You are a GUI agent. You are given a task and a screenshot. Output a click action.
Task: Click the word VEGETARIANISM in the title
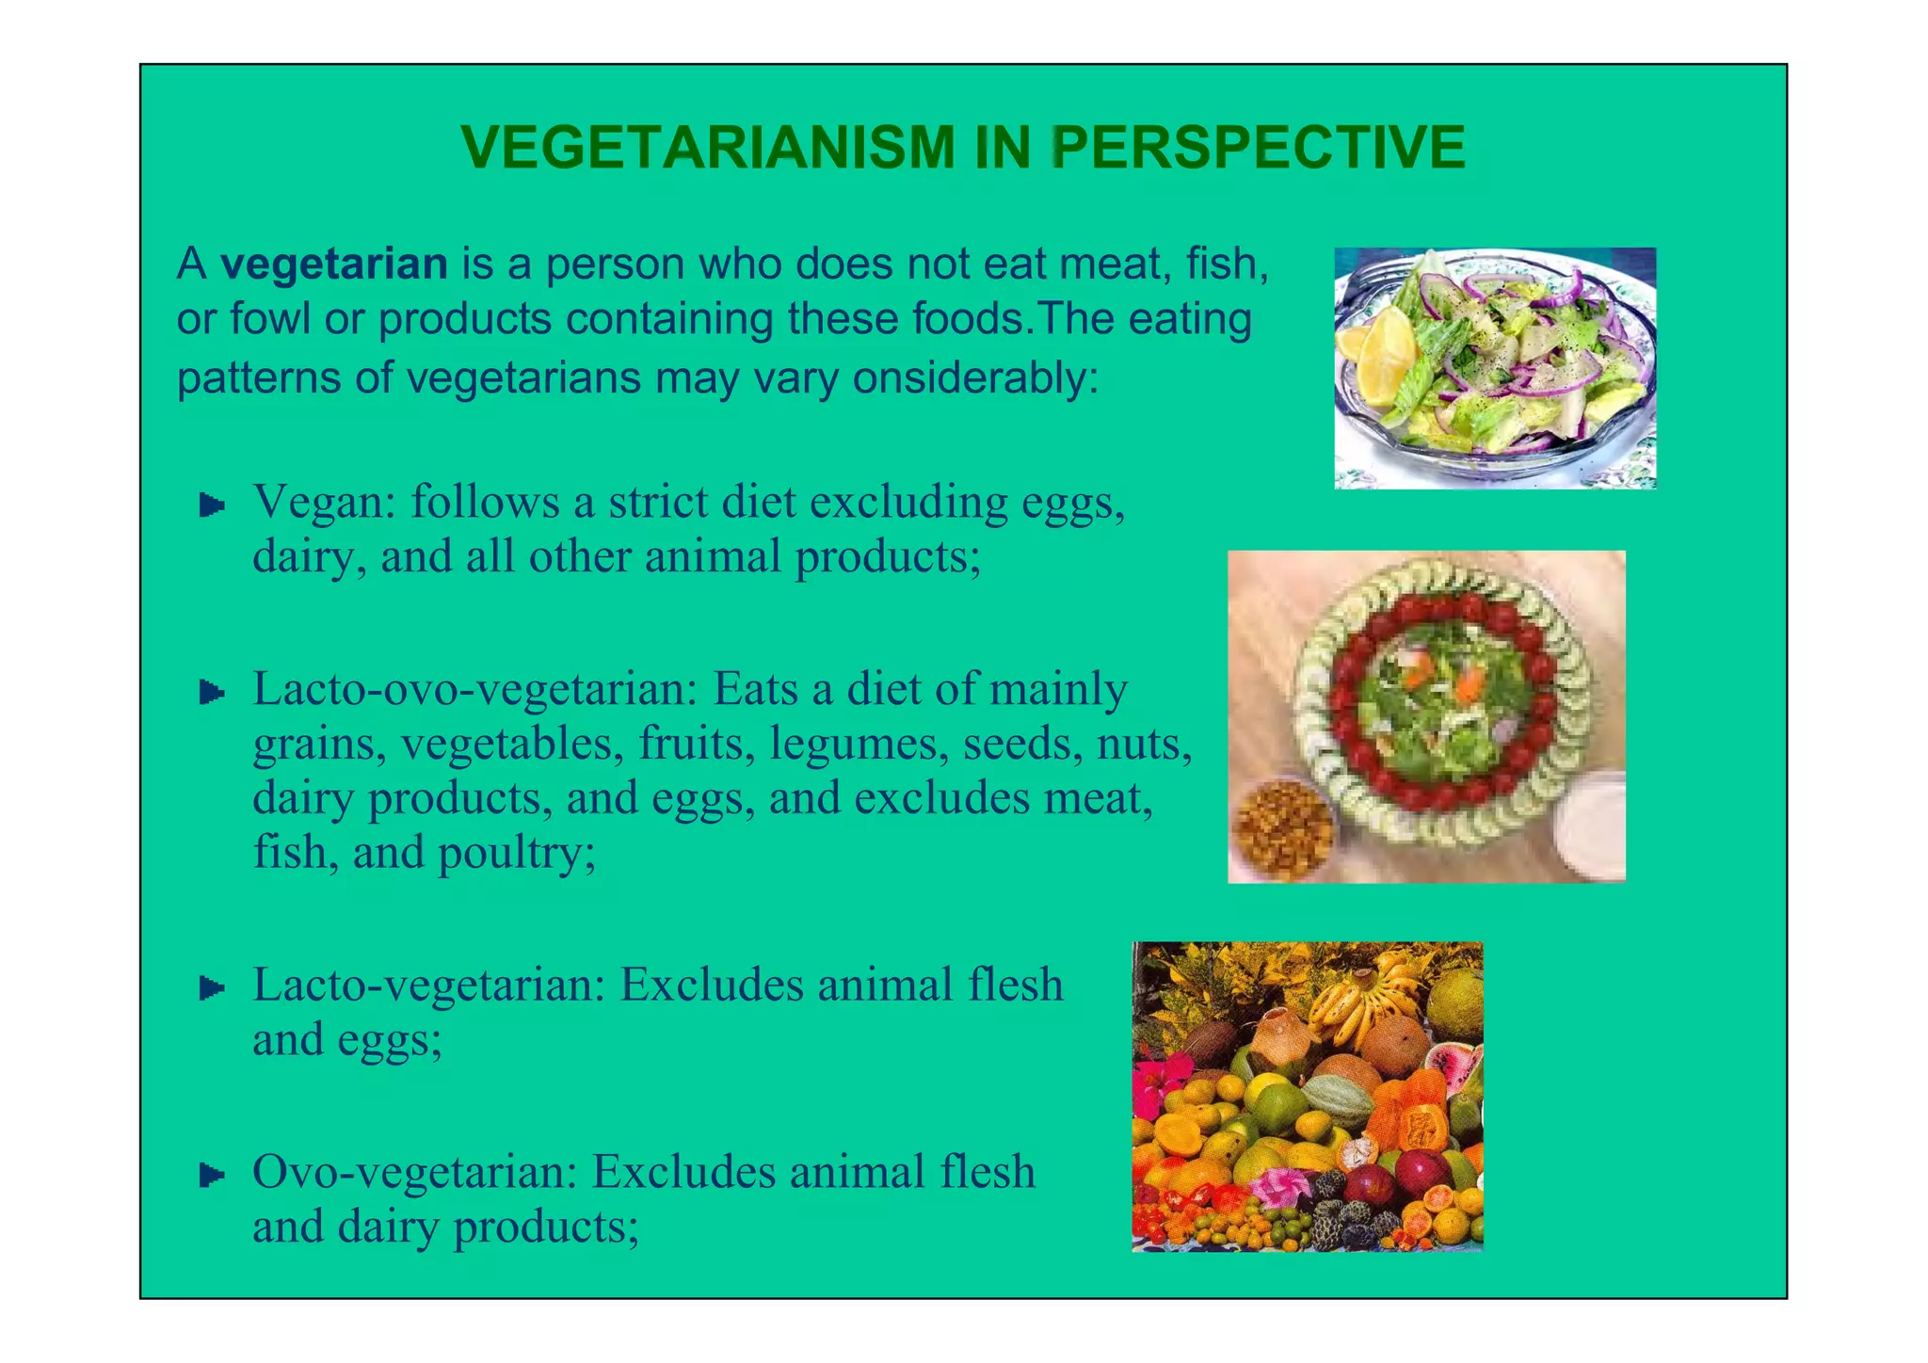(707, 149)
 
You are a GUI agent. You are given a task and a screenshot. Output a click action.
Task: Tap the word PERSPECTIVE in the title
(1258, 149)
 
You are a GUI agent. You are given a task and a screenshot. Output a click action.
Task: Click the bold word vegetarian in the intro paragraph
(334, 265)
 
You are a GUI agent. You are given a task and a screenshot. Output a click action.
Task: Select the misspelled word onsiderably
(975, 378)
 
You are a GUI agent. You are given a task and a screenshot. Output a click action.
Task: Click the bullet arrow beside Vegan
(212, 506)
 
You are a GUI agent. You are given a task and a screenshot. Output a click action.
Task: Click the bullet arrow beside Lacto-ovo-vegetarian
(212, 694)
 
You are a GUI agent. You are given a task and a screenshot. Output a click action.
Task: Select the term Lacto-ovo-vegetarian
(474, 690)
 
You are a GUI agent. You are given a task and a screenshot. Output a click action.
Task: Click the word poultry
(517, 854)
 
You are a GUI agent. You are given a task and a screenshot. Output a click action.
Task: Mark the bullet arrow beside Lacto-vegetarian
(212, 988)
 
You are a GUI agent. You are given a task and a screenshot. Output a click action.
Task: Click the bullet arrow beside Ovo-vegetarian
(212, 1175)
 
